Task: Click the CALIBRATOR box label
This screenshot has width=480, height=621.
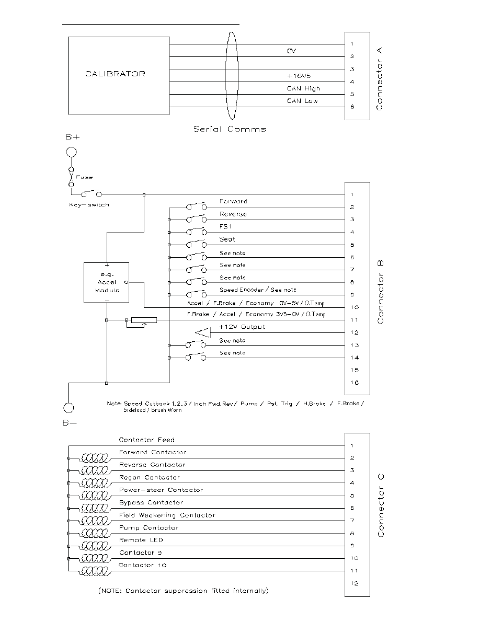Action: coord(115,74)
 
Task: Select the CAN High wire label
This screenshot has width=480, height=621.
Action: coord(303,88)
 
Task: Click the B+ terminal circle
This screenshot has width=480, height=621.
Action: coord(71,152)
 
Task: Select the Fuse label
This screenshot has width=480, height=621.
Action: coord(85,177)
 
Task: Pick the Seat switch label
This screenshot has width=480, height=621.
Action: coord(227,239)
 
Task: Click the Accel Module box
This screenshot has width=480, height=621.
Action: coord(106,282)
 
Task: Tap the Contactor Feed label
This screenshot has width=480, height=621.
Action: coord(146,440)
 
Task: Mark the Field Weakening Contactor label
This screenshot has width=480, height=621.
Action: coord(167,515)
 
